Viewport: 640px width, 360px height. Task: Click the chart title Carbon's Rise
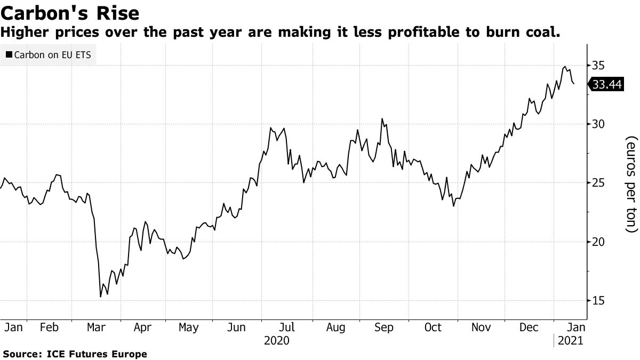click(x=70, y=13)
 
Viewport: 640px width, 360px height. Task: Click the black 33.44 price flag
click(x=606, y=85)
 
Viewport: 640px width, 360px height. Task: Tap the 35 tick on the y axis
click(x=598, y=66)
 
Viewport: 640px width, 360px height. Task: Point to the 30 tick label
click(x=598, y=124)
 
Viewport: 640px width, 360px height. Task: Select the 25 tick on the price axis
click(x=598, y=183)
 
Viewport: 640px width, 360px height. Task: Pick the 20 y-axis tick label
click(x=598, y=242)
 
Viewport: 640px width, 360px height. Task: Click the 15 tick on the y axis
click(x=598, y=300)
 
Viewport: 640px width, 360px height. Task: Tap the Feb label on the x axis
click(x=49, y=327)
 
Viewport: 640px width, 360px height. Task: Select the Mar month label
click(x=97, y=327)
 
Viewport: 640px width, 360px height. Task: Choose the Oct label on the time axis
click(x=433, y=327)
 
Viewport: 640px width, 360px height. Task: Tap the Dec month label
click(x=529, y=327)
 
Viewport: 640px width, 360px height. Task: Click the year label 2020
click(x=277, y=341)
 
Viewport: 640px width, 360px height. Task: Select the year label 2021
click(x=570, y=341)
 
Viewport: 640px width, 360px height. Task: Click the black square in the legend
click(x=9, y=54)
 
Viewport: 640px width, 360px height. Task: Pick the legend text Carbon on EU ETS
click(x=53, y=55)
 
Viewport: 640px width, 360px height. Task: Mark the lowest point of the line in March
click(x=101, y=297)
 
